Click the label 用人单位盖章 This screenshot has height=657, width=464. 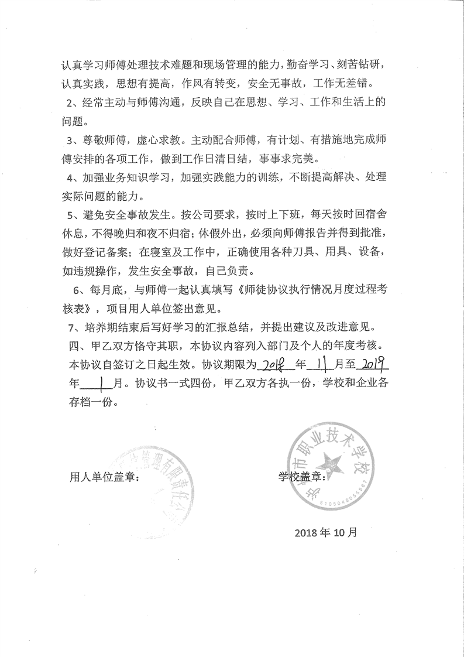click(104, 477)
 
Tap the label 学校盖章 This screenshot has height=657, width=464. click(301, 477)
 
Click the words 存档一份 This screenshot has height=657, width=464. click(94, 403)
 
